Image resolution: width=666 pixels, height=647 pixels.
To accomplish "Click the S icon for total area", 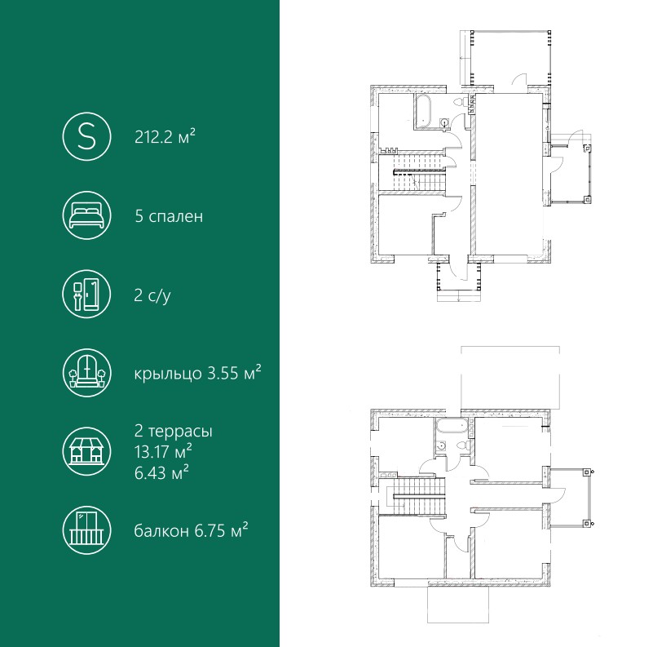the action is tap(86, 136).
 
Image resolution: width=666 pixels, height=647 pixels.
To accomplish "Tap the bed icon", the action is tap(86, 215).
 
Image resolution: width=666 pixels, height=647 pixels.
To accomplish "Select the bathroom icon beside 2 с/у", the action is tap(86, 295).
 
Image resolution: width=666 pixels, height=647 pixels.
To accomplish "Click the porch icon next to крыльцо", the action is tap(86, 373).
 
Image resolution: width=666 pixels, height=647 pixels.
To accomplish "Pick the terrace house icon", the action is tap(86, 451).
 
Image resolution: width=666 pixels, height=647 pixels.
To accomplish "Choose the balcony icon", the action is tap(86, 530).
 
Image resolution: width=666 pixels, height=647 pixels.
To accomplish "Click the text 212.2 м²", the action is tap(165, 137).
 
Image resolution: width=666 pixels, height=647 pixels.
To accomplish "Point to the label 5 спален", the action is tap(169, 216).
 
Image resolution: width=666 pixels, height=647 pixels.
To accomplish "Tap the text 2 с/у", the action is tap(152, 295).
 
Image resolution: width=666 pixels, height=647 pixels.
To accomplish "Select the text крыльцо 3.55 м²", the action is tap(197, 373).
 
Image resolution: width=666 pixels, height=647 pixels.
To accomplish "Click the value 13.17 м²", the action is tap(163, 451).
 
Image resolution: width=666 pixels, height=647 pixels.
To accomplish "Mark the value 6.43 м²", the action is tap(162, 472).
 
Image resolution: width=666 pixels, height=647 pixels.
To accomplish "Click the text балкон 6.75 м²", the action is tap(191, 530).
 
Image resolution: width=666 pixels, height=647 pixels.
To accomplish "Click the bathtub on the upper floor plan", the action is tap(422, 112).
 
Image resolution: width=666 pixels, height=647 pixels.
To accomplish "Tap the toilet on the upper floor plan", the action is tap(459, 103).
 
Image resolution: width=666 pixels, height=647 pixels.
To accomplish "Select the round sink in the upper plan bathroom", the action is tap(444, 123).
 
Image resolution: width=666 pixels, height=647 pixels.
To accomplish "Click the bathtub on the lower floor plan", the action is tap(451, 427).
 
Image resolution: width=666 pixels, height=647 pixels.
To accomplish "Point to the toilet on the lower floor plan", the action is tap(461, 445).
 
